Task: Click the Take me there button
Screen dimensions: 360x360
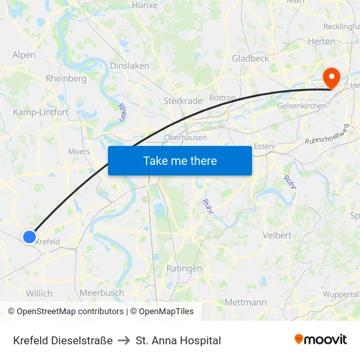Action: (x=180, y=160)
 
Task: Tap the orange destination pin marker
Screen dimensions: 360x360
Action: (x=332, y=79)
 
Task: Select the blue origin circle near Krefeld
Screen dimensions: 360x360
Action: (x=29, y=237)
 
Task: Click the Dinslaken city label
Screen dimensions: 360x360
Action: (x=130, y=66)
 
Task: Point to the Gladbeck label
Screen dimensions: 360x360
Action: (x=250, y=58)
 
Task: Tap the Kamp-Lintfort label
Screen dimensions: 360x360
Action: (x=41, y=112)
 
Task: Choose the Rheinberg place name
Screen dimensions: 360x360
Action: (x=66, y=79)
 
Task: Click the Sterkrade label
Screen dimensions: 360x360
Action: (x=183, y=101)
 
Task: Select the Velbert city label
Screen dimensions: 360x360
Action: (x=276, y=235)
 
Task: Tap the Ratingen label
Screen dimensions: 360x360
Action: (x=185, y=268)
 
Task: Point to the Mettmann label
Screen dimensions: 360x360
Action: (x=245, y=302)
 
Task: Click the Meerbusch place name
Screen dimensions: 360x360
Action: (x=101, y=293)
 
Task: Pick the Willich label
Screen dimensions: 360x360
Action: (x=39, y=293)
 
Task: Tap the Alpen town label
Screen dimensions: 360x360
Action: (x=24, y=55)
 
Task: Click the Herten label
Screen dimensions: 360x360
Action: (x=321, y=41)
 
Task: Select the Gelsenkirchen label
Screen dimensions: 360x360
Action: (x=302, y=105)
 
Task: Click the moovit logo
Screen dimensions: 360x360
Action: (x=321, y=340)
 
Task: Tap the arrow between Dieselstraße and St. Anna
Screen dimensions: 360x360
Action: (x=124, y=340)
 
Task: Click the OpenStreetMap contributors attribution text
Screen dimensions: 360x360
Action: (x=66, y=312)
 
